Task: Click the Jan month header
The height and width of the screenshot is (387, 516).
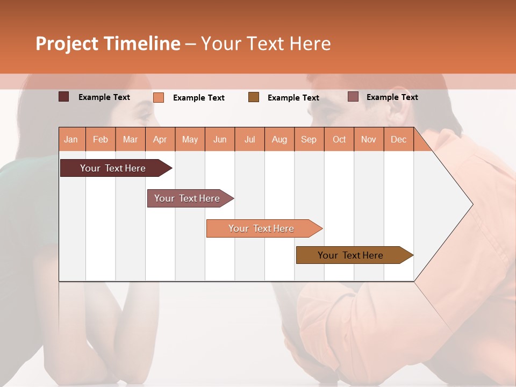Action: (71, 140)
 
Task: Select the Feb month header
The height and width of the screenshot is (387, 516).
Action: (101, 140)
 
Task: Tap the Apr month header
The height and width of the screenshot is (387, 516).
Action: (160, 140)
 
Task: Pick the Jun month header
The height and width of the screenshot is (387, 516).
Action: (220, 140)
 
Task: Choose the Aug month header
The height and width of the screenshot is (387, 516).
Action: (279, 140)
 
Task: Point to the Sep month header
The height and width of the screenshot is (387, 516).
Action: (309, 140)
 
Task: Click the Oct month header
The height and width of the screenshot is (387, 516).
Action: (339, 140)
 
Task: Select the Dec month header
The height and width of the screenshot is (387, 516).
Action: (398, 140)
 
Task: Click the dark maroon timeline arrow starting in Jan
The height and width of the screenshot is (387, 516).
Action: (113, 168)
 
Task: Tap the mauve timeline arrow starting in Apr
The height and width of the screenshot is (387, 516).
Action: (187, 198)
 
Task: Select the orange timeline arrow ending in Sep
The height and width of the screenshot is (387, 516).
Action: (261, 228)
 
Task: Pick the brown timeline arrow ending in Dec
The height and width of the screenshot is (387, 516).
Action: (350, 255)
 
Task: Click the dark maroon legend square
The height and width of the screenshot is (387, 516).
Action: (63, 97)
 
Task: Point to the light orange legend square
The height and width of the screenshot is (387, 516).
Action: (159, 97)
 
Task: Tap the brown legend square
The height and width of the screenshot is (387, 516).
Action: (254, 97)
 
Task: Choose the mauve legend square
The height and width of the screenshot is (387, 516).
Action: (353, 97)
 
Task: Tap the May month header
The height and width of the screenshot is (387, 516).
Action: (190, 140)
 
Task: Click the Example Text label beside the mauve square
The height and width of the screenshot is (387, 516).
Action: (392, 97)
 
